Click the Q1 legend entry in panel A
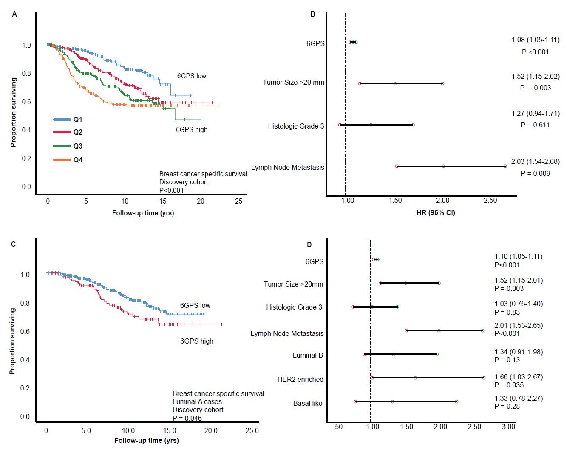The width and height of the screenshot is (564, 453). pos(77,120)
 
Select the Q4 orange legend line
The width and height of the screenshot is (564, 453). pos(62,160)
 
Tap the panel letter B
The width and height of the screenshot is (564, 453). pos(313,14)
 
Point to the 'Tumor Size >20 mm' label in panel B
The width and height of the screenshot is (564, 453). pos(293,82)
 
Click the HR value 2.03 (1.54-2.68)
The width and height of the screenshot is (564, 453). pos(535,162)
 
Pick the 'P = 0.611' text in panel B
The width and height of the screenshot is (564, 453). pos(535,125)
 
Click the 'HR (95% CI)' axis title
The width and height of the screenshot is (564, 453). pos(435,212)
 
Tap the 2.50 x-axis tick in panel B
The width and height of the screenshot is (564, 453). pos(490,201)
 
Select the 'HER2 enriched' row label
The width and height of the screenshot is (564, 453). pos(300,379)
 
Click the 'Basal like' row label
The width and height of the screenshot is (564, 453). pos(308,403)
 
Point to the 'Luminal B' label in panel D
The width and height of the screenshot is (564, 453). pos(308,355)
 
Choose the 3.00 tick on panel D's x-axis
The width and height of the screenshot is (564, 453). pos(508,427)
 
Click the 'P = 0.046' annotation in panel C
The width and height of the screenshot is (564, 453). pos(187,418)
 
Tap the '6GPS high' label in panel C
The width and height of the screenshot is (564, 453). pos(196,341)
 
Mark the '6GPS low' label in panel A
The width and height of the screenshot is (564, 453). pos(192,76)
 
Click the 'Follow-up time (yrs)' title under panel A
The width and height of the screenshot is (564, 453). pos(143,213)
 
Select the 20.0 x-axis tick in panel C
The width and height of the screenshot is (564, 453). pos(210,430)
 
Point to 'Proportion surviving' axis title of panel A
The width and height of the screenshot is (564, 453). pos(13,112)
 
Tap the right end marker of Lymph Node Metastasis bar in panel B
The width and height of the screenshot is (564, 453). pos(505,166)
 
